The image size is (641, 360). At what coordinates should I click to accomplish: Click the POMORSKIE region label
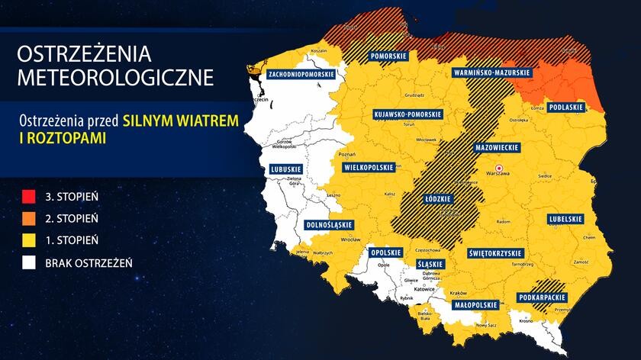(387, 56)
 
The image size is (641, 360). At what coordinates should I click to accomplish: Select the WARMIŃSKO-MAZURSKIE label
(492, 72)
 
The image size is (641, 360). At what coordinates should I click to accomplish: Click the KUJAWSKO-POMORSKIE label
(407, 114)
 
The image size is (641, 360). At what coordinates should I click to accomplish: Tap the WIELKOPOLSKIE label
(369, 166)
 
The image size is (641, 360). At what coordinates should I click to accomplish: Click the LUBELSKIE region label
(565, 220)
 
